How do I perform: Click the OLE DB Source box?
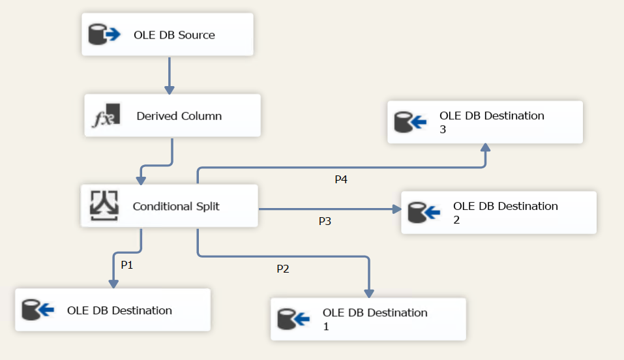pos(168,35)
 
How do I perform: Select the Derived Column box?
pos(172,115)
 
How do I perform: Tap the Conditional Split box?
pos(170,206)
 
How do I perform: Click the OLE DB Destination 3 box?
pos(484,122)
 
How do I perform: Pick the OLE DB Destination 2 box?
pos(498,213)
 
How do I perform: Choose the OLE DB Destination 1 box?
pos(368,319)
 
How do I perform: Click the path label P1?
pos(127,265)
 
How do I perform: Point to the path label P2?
pos(283,269)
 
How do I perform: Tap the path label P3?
pos(325,221)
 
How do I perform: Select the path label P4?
pos(340,179)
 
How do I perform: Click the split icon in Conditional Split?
pos(103,206)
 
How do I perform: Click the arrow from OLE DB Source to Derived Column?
pos(169,75)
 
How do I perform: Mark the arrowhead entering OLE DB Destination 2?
pos(396,209)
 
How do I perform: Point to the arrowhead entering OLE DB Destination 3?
pos(486,147)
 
